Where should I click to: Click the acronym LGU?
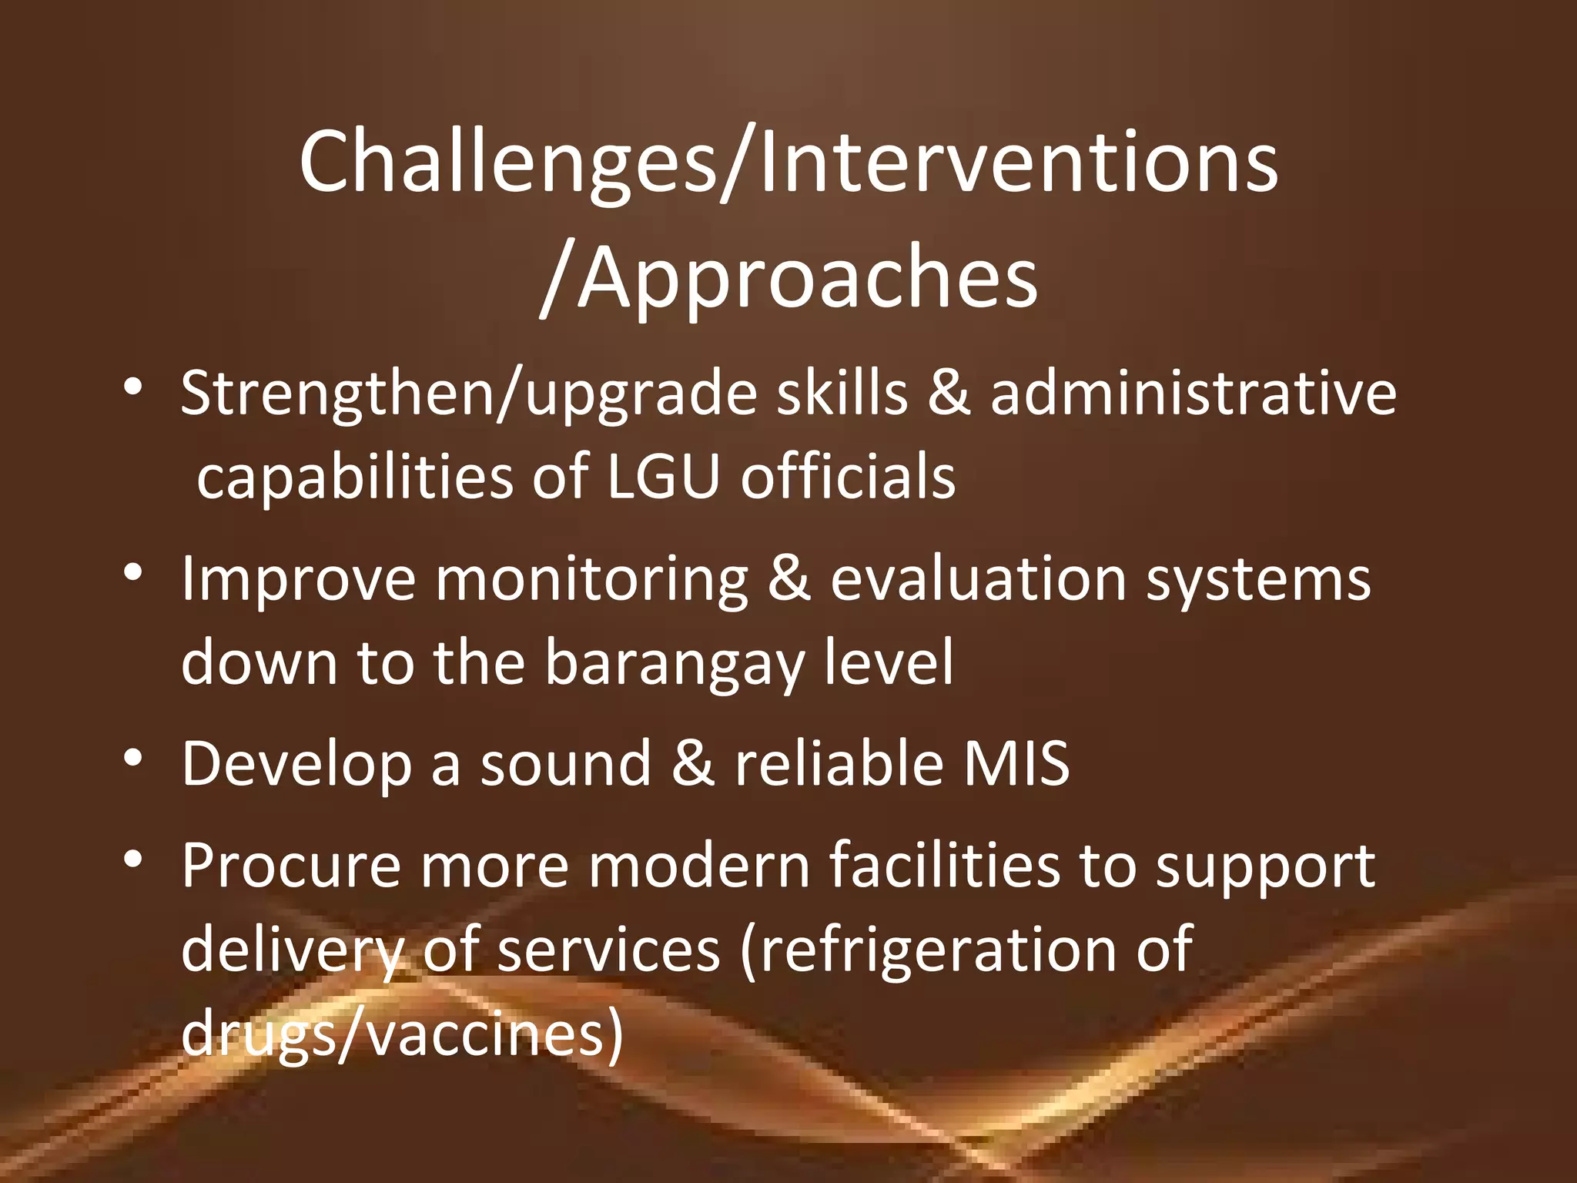[x=663, y=477]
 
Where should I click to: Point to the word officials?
[x=848, y=477]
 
